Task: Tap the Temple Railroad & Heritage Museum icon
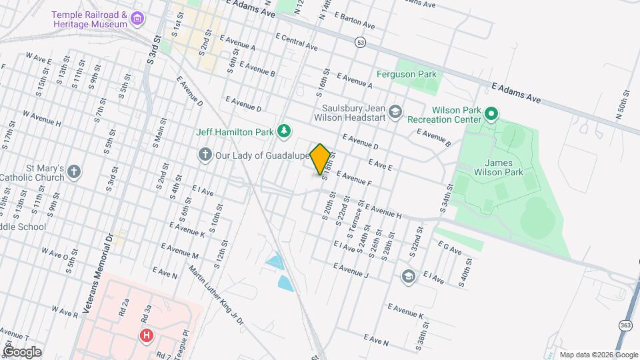137,18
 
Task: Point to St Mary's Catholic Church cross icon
74,172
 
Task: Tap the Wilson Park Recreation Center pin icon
491,114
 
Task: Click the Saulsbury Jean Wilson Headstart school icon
396,111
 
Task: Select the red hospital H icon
146,335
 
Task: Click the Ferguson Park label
406,75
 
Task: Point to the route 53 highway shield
360,42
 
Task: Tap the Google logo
22,352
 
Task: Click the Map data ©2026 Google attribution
599,355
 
